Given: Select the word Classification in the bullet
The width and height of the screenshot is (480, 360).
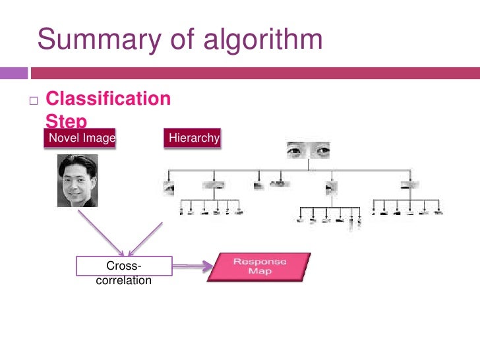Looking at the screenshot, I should (108, 100).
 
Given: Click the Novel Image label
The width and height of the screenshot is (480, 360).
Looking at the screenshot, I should (78, 138).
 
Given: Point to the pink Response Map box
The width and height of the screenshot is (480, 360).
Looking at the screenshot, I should (260, 266).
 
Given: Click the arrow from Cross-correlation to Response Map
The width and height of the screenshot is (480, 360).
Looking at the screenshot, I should (192, 266).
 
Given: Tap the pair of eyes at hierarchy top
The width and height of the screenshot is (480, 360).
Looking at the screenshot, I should (307, 152).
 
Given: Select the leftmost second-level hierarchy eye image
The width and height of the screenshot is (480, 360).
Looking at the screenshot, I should (169, 187).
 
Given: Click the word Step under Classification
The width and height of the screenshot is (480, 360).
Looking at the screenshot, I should (66, 121).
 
